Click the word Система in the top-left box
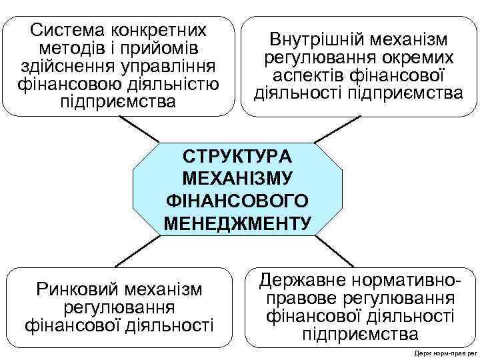coord(65,31)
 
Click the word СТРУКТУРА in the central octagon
coord(237,157)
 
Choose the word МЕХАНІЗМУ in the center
coord(237,179)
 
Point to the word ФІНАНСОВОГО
coord(237,201)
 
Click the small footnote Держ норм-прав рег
coord(442,353)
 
